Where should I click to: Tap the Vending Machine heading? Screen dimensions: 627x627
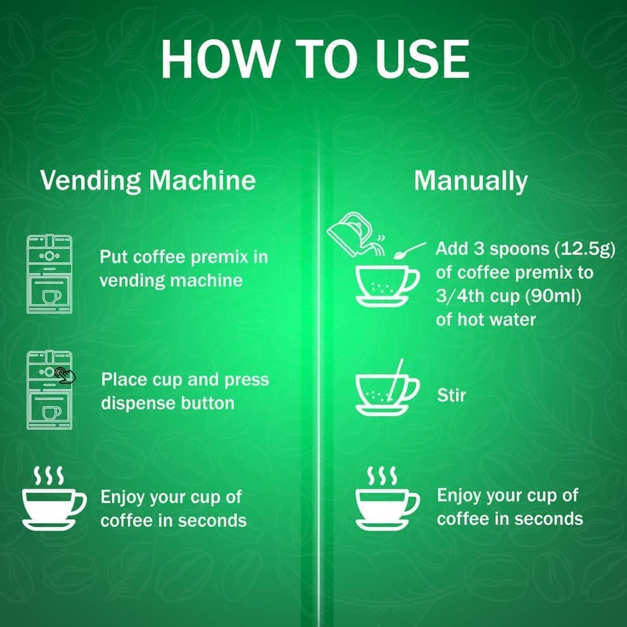(148, 180)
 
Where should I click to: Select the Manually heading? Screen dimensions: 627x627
(471, 180)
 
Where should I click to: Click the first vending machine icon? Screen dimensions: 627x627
(49, 274)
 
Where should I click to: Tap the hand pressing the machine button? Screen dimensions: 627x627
(65, 375)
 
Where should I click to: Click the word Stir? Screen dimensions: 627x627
(452, 395)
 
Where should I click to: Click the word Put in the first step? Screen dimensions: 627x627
(115, 257)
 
